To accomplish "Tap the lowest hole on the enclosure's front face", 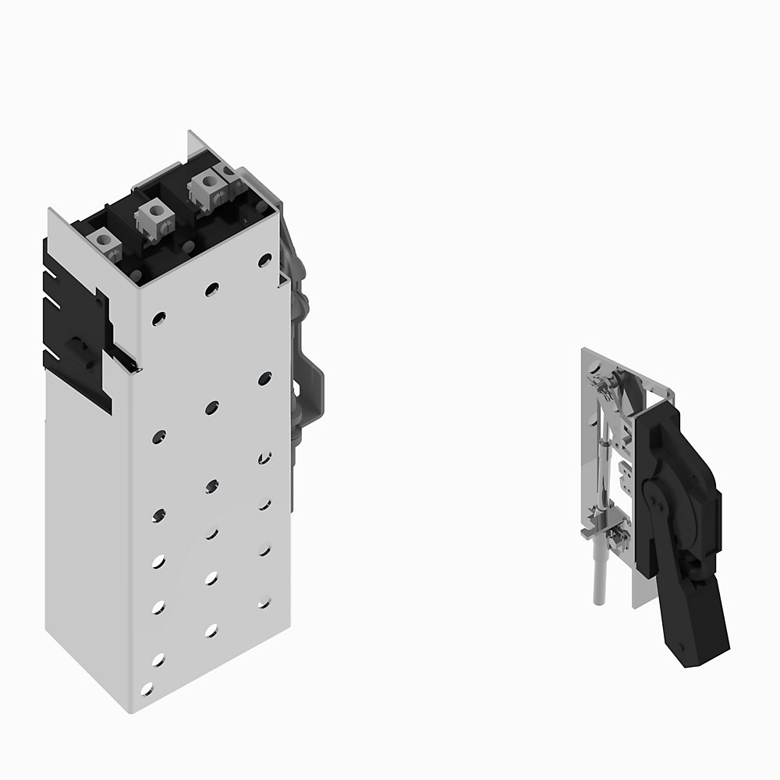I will (x=147, y=688).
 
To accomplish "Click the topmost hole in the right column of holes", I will (x=264, y=260).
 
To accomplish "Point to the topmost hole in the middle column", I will (x=211, y=289).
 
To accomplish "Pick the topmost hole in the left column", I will (x=158, y=318).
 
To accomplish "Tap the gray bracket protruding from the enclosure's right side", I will (x=312, y=390).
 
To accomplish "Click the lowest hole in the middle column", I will (x=211, y=629).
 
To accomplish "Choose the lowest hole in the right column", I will (x=264, y=603).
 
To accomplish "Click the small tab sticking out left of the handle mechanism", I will (x=587, y=535).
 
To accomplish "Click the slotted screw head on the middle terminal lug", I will (x=154, y=209).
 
